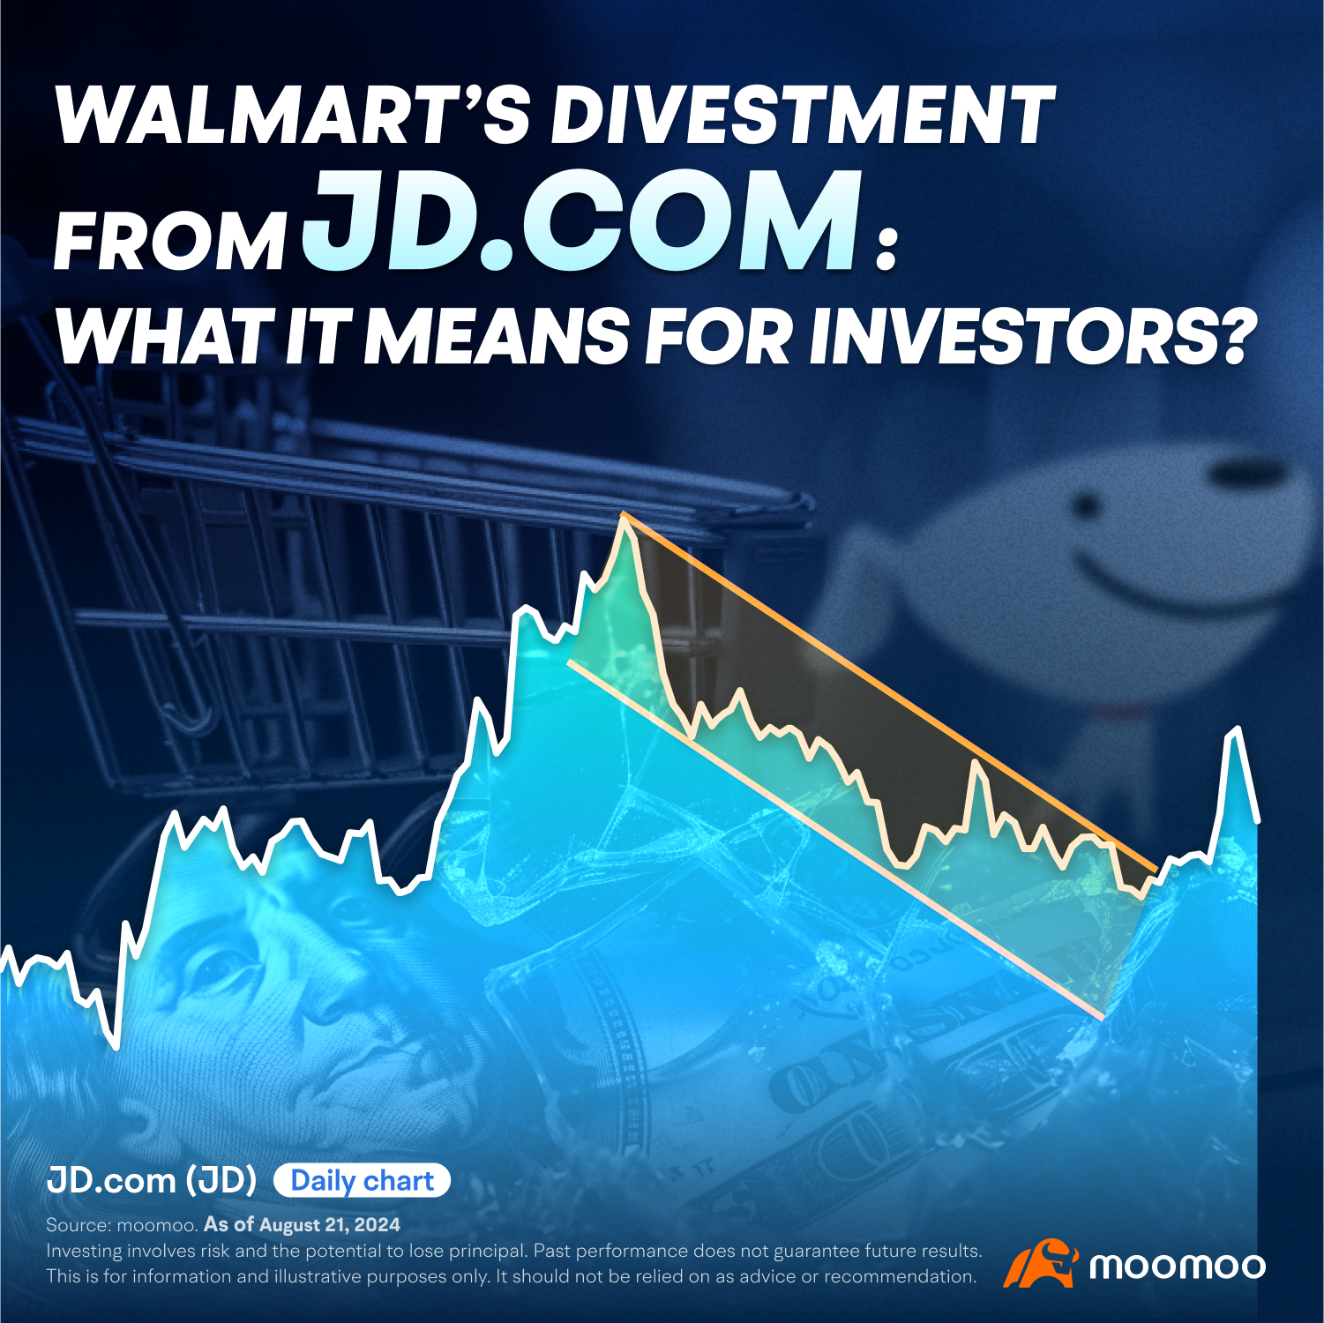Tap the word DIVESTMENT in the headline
[x=803, y=115]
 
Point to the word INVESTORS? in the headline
[x=1030, y=336]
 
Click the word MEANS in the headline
[x=497, y=336]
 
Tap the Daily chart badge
[x=362, y=1180]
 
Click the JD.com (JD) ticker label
[x=152, y=1180]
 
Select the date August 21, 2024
[x=329, y=1224]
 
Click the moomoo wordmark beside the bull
[x=1178, y=1267]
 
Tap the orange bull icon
[x=1041, y=1263]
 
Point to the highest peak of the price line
[x=624, y=516]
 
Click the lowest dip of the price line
[x=116, y=1046]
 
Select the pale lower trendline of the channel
[x=835, y=840]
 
